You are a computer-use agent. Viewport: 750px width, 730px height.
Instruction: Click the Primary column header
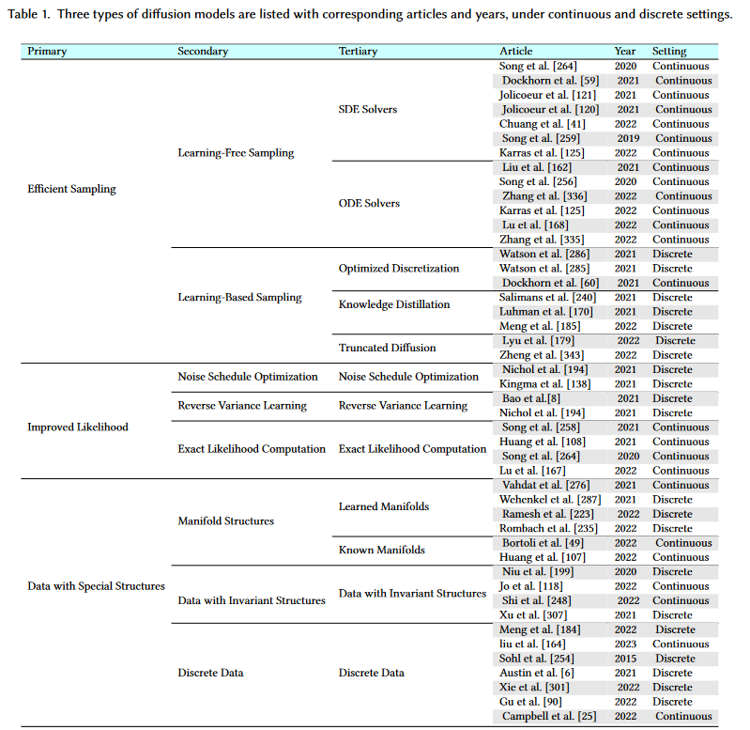point(48,52)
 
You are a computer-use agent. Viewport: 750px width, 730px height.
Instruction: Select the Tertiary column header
point(358,52)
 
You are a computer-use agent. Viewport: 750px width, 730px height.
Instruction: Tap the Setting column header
point(669,52)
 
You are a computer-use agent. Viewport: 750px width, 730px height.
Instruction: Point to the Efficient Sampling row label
point(72,189)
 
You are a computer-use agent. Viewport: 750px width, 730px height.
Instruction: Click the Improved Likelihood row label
point(78,427)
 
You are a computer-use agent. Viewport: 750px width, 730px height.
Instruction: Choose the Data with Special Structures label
point(97,586)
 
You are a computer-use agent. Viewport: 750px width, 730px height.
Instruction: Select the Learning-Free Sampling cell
point(236,153)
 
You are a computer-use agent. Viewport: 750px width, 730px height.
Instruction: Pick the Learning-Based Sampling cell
point(239,298)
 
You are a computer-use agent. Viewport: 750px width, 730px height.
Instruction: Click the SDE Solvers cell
point(368,110)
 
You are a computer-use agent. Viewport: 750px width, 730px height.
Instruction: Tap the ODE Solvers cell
point(369,204)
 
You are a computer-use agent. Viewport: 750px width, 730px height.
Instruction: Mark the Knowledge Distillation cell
point(394,304)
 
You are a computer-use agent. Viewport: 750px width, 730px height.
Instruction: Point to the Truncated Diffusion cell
point(387,348)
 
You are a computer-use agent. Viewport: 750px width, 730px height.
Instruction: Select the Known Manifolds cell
point(382,550)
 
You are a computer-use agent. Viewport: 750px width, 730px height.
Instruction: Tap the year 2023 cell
point(625,645)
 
